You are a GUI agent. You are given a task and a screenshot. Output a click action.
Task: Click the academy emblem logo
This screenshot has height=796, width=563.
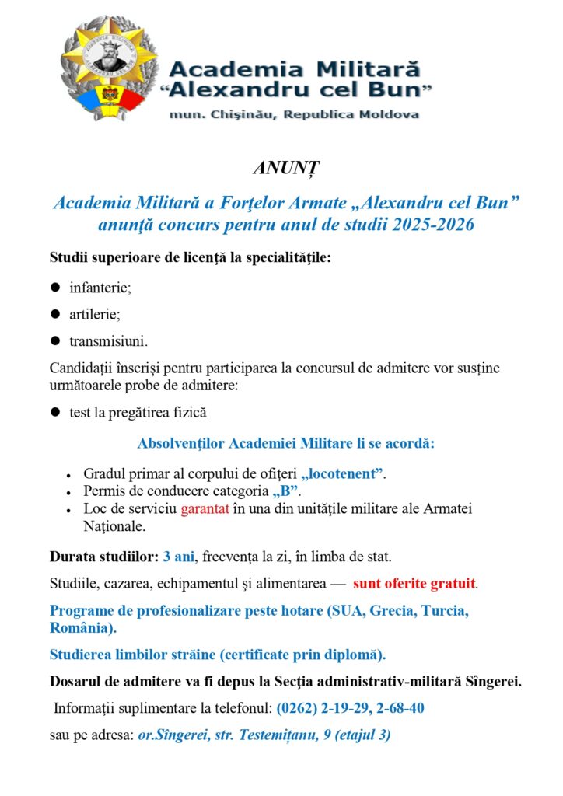[109, 68]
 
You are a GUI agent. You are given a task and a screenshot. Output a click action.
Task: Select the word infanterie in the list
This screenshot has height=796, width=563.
[100, 288]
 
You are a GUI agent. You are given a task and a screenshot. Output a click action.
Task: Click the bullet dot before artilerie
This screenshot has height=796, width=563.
[55, 314]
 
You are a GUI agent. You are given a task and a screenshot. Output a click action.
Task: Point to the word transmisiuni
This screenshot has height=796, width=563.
[107, 341]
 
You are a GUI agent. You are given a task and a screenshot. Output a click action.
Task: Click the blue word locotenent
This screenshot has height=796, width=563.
[343, 473]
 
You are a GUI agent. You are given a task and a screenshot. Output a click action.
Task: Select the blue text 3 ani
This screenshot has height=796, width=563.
[179, 557]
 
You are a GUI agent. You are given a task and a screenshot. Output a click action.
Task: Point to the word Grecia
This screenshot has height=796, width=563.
[391, 610]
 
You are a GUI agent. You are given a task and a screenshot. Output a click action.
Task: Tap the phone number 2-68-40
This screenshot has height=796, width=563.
[398, 708]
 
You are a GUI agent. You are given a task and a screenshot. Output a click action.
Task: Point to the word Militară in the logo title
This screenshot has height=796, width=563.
[369, 68]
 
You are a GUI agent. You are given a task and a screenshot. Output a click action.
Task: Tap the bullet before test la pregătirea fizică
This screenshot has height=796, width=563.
[55, 413]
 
